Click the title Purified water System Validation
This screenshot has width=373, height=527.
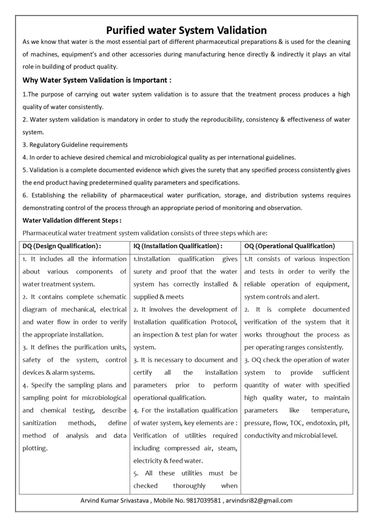pyautogui.click(x=186, y=30)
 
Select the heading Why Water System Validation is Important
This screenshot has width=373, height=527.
pyautogui.click(x=97, y=80)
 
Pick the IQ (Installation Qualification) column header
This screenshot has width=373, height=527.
pyautogui.click(x=178, y=246)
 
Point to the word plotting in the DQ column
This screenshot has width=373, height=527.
pyautogui.click(x=35, y=448)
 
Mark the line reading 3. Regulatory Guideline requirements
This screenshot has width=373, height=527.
pyautogui.click(x=75, y=144)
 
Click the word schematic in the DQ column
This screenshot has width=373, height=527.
pyautogui.click(x=110, y=296)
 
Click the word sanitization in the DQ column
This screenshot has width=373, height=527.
pyautogui.click(x=39, y=423)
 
